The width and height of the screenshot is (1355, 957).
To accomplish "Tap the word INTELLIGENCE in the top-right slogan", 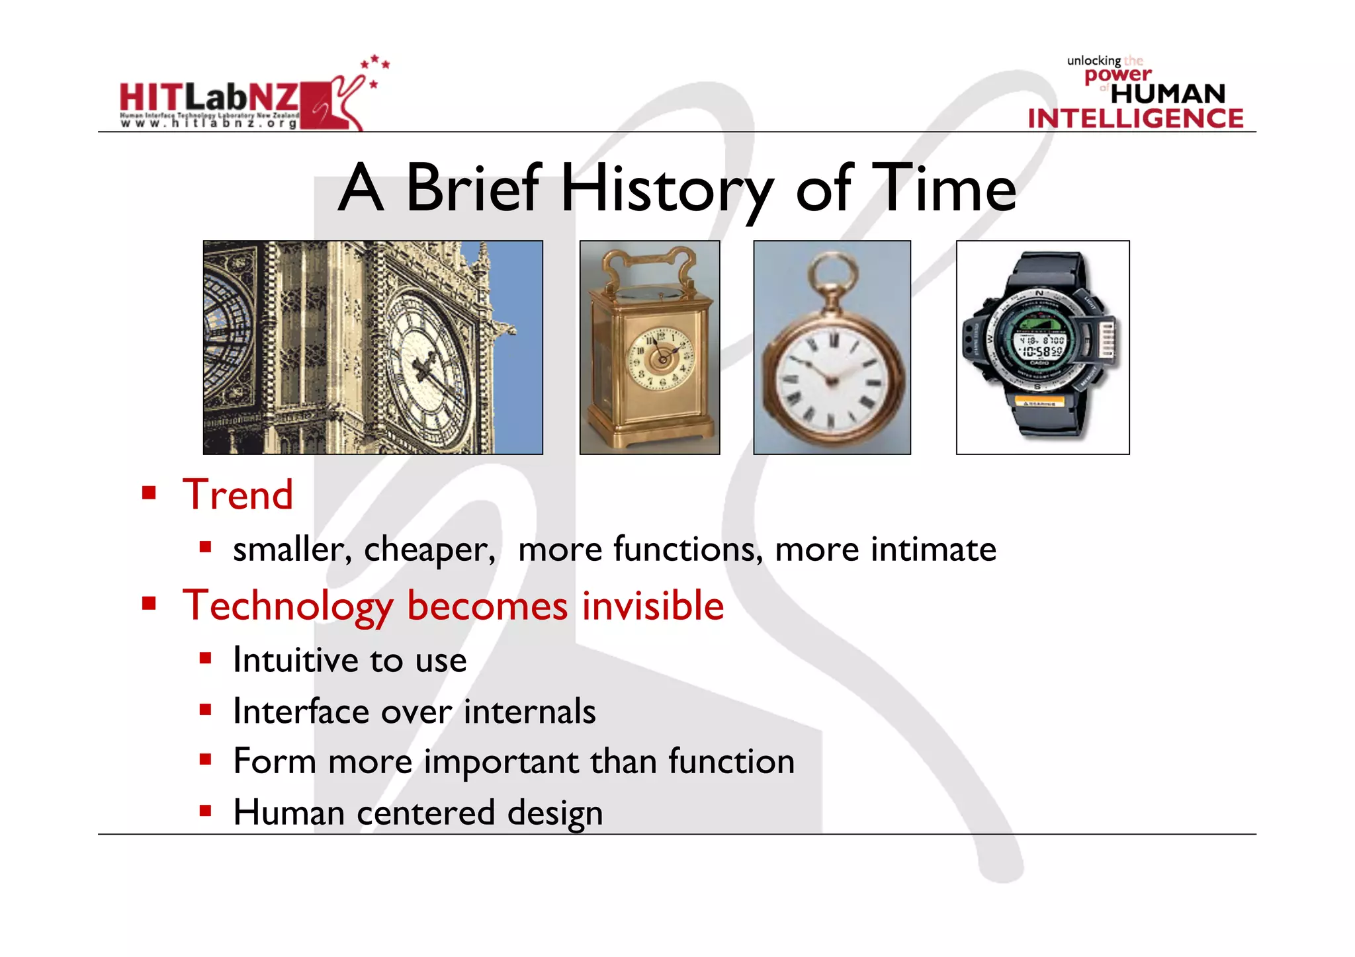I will (x=1135, y=119).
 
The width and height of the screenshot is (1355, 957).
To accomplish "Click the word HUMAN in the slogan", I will (x=1168, y=94).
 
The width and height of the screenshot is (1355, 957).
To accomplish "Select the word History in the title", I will (x=667, y=190).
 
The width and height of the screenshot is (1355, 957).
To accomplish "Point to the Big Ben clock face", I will (x=427, y=370).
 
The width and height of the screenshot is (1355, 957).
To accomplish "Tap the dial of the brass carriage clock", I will (x=660, y=358).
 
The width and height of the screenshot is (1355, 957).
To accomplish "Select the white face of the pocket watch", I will (x=832, y=380).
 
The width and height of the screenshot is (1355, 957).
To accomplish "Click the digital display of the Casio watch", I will (x=1040, y=344).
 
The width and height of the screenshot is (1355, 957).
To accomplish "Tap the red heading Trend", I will (x=238, y=495).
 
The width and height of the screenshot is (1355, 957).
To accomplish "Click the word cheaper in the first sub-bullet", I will (x=428, y=550).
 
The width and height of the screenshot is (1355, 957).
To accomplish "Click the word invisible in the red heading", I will (x=652, y=605).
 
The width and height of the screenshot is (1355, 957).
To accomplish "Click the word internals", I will (x=529, y=712).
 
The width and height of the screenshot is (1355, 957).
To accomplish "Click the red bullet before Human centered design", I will (x=205, y=811).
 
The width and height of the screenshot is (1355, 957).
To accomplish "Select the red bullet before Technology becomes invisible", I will (x=149, y=603).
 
